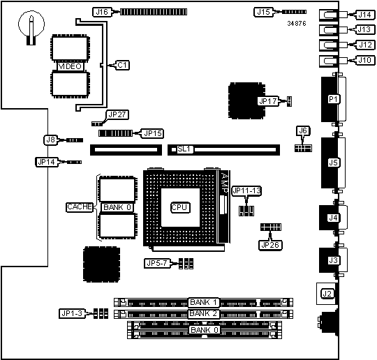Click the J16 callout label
pos(102,12)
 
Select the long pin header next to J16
pos(154,12)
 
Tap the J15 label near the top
pos(263,12)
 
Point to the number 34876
pos(297,24)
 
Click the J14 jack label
pos(365,15)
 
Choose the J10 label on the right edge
pos(365,60)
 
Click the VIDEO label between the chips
pos(71,66)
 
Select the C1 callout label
pos(122,65)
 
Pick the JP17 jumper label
pos(268,101)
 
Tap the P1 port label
pos(333,99)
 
